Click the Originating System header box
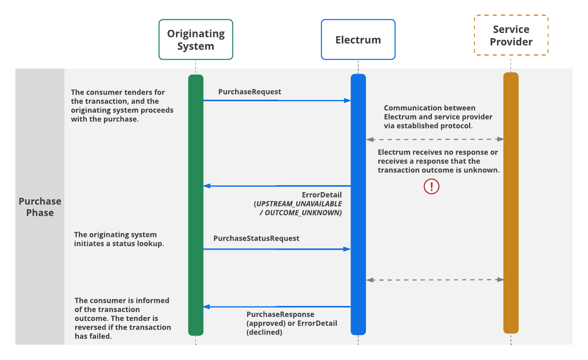(196, 39)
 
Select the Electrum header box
(358, 39)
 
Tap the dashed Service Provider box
(511, 35)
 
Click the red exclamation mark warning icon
(431, 186)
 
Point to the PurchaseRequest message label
(250, 92)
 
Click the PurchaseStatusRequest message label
(256, 238)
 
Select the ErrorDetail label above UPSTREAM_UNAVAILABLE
(321, 195)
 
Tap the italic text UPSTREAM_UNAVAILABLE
(299, 204)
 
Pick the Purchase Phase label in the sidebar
(40, 207)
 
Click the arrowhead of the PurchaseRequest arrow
(348, 100)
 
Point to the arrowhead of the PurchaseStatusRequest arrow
(348, 249)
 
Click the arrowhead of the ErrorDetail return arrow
(207, 186)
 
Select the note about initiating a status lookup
(119, 239)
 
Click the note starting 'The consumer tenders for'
(122, 106)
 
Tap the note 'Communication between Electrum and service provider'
(438, 117)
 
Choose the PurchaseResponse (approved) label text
(280, 315)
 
